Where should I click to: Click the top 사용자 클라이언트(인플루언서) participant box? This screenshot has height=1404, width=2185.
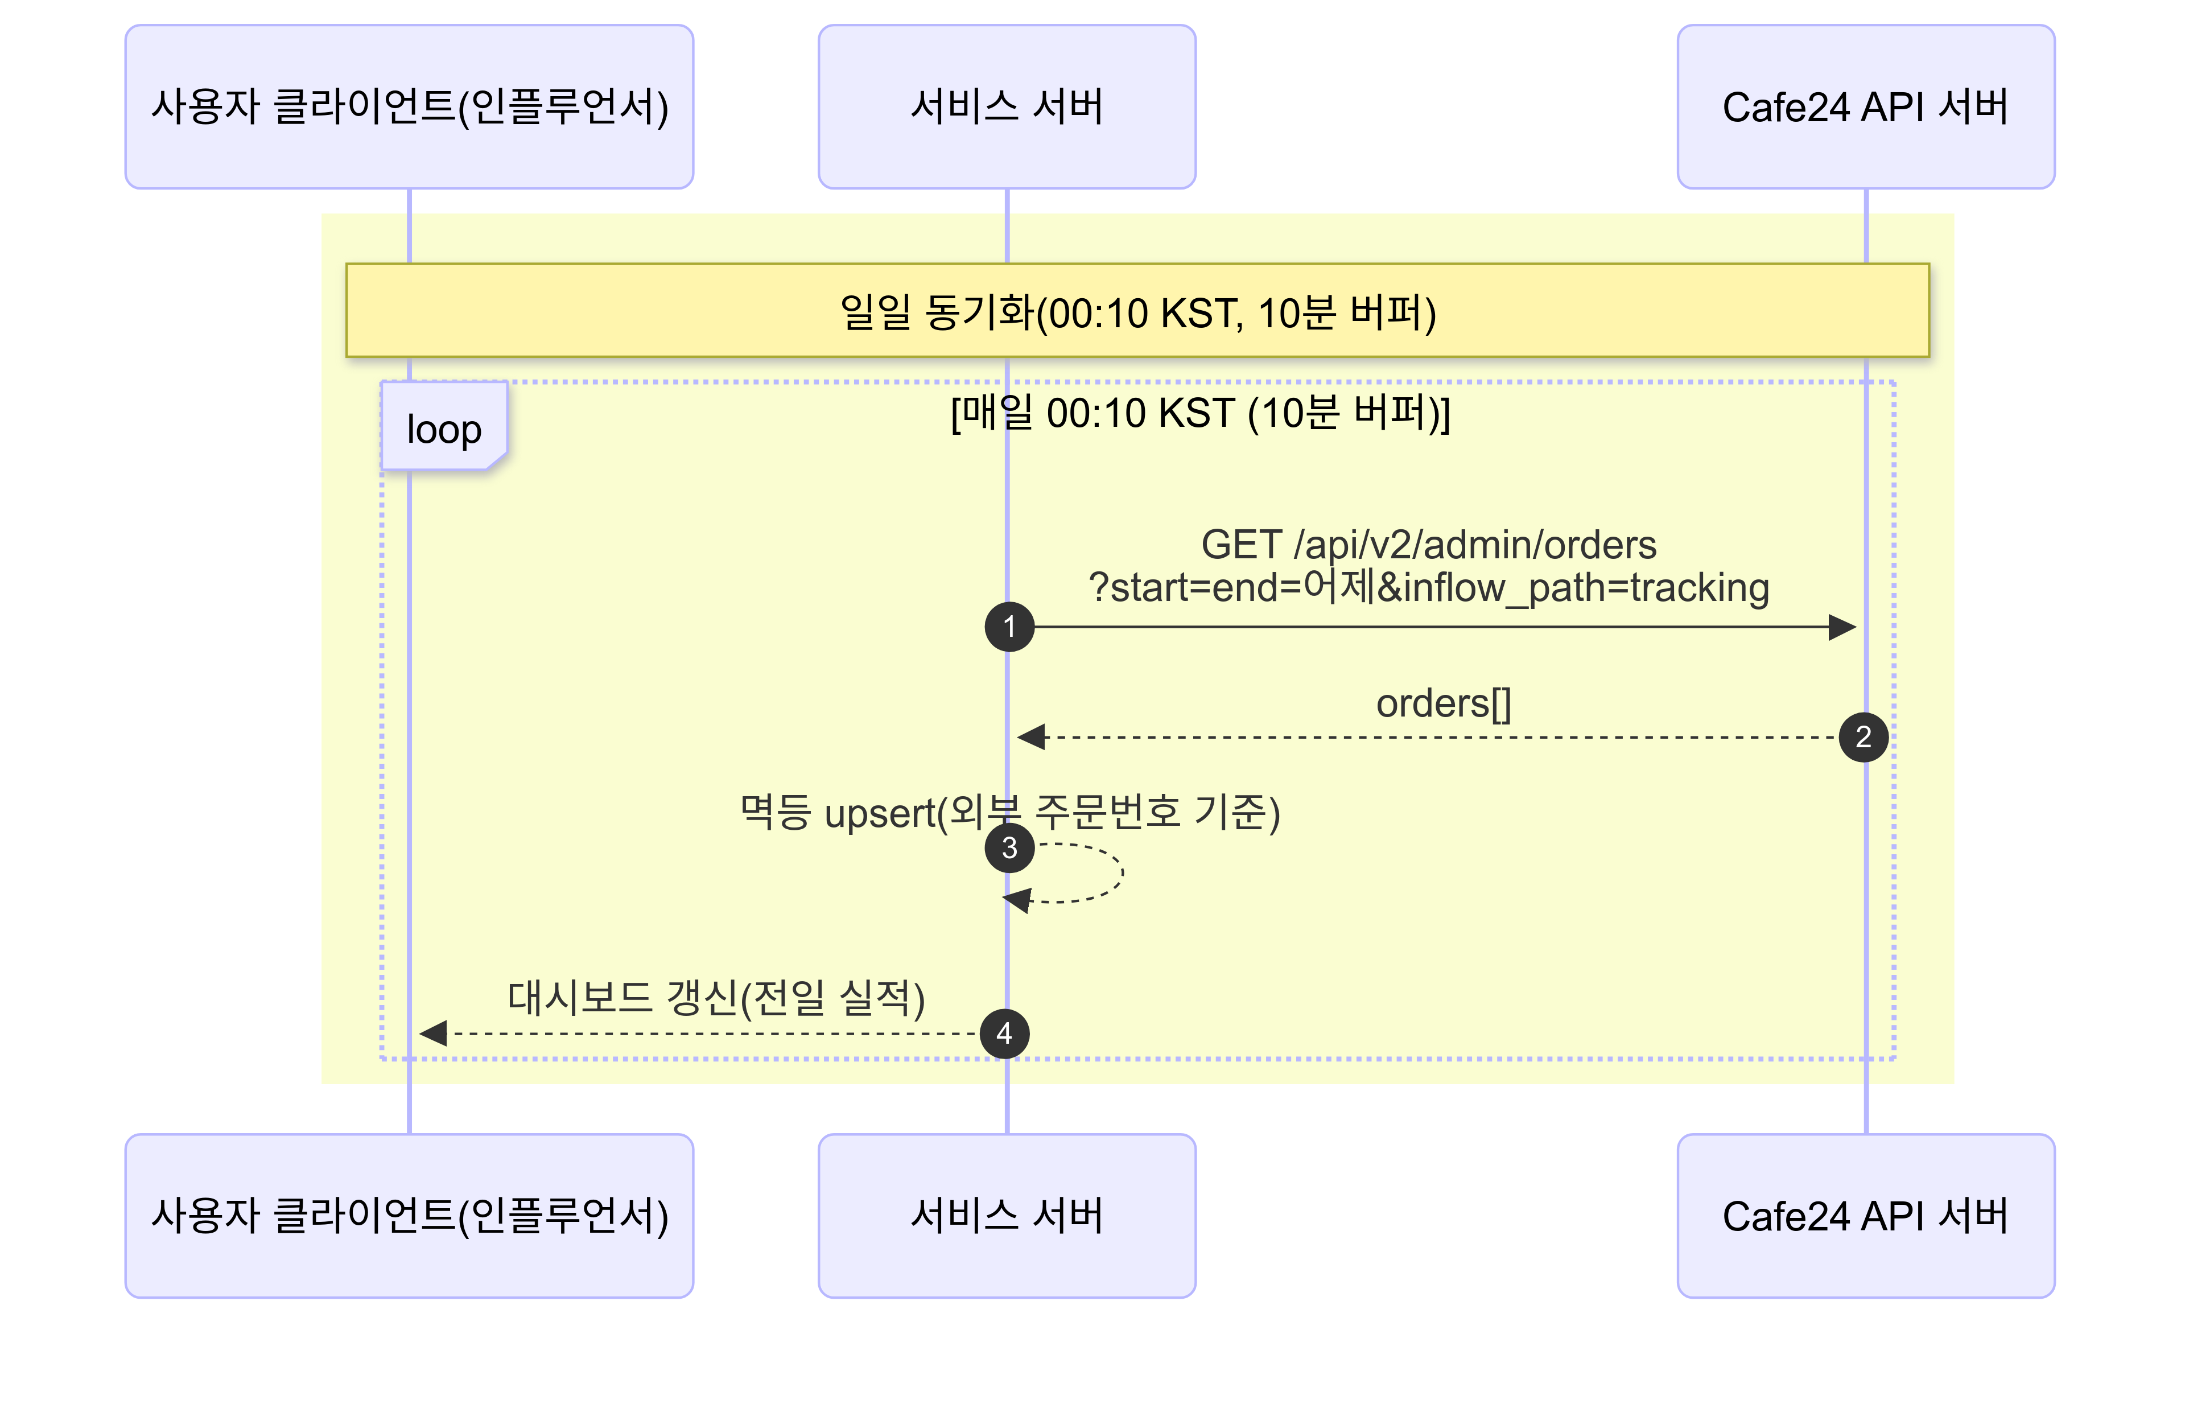pos(409,106)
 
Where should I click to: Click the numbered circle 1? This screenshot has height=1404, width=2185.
pos(1008,627)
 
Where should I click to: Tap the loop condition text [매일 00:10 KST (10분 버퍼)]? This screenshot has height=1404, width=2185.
pos(1199,413)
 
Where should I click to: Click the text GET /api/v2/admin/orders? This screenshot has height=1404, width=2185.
pos(1428,544)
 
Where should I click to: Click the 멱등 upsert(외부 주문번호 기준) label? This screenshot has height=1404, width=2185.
pos(1008,812)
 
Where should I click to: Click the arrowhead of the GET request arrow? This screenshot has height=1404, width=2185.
pos(1842,627)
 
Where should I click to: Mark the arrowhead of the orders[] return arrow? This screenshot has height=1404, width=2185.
pos(1031,736)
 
